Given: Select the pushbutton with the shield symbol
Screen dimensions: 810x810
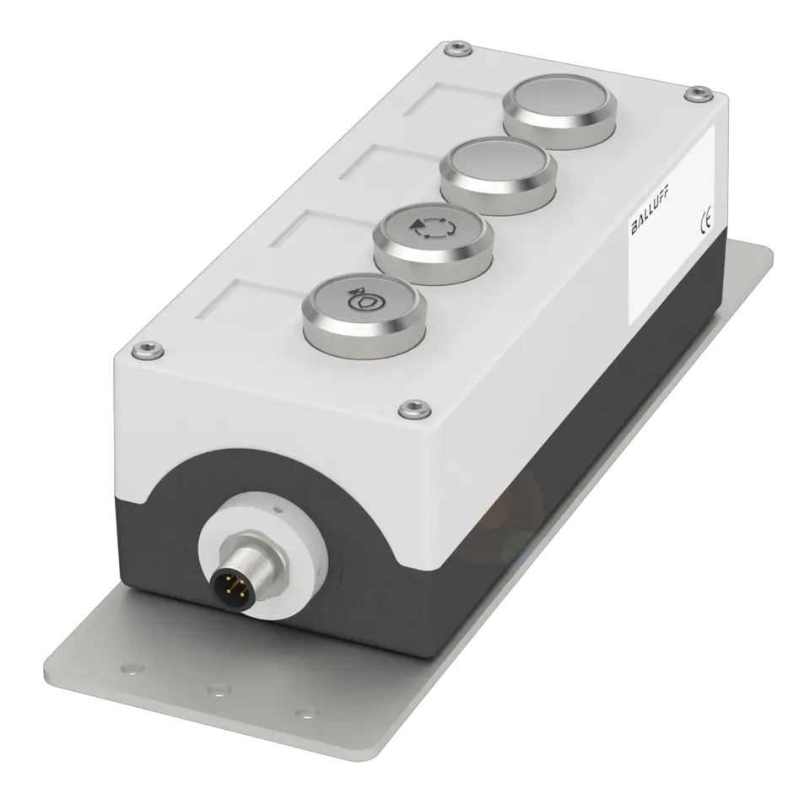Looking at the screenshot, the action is point(364,309).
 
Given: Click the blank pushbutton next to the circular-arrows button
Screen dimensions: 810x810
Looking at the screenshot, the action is point(498,174).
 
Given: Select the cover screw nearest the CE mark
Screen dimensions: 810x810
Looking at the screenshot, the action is point(698,94).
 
